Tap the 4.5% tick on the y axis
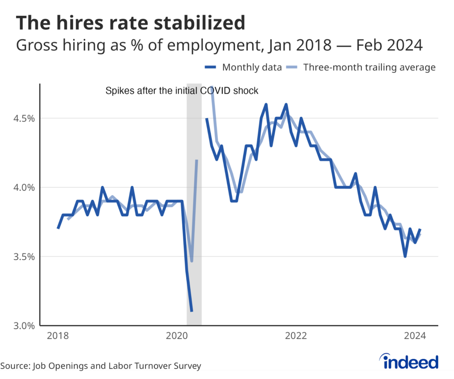click(21, 118)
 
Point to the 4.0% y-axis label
click(21, 187)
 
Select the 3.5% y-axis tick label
click(21, 257)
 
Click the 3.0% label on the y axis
click(21, 326)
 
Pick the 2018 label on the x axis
click(58, 336)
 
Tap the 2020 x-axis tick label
click(177, 336)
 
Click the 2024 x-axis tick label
click(415, 336)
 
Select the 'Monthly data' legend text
click(252, 67)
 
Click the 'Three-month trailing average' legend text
click(369, 67)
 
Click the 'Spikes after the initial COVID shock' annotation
click(182, 91)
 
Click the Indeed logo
click(410, 362)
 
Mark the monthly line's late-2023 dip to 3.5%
click(405, 257)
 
